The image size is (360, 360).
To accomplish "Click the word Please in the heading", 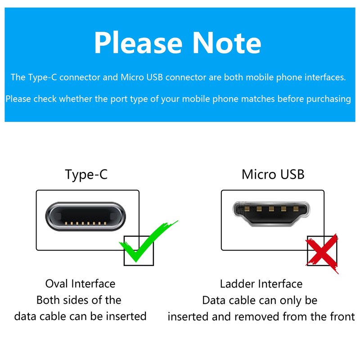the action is click(x=138, y=43).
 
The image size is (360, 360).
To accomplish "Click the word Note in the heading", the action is click(x=227, y=43).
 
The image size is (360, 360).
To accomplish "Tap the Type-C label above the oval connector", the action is click(x=86, y=175).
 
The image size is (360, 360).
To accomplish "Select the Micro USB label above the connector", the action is click(x=273, y=174).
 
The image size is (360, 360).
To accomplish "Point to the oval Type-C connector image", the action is click(x=85, y=216).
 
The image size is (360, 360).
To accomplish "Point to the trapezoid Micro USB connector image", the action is click(x=271, y=213).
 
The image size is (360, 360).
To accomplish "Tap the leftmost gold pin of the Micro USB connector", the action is click(x=247, y=209).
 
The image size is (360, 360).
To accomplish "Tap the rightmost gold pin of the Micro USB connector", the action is click(x=296, y=209).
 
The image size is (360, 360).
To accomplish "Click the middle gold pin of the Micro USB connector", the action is click(x=271, y=209).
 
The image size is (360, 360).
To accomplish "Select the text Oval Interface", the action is click(x=80, y=283).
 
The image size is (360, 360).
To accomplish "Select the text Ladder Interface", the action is click(x=261, y=284).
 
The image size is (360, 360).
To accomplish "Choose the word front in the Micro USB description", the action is click(x=342, y=316).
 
